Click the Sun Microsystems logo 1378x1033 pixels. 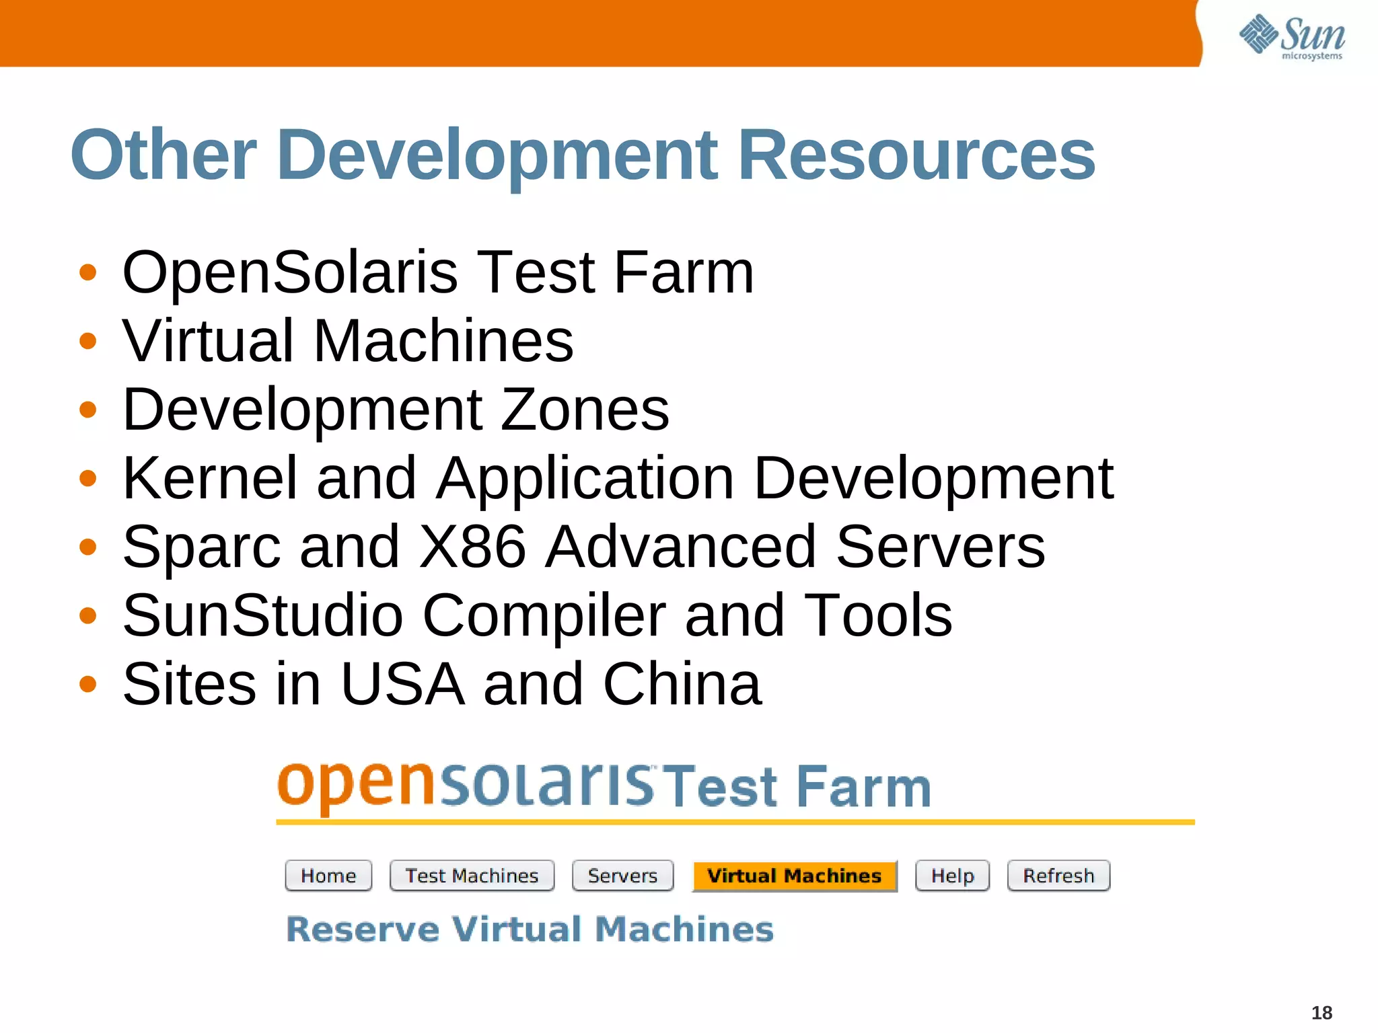1292,37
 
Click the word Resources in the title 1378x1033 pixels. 916,155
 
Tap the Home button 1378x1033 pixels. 328,876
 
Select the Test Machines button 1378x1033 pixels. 472,876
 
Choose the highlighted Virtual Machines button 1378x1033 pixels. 794,876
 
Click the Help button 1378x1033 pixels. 952,876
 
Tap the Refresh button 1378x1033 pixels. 1058,876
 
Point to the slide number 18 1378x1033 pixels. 1321,1012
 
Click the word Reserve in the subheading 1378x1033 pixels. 363,929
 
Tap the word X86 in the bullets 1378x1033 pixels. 472,547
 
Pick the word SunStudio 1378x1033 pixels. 263,615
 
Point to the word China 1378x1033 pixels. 682,684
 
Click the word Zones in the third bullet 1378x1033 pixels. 585,410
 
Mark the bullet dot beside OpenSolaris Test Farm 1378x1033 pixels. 87,273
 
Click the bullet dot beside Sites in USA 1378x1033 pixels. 87,685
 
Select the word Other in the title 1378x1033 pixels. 164,155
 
